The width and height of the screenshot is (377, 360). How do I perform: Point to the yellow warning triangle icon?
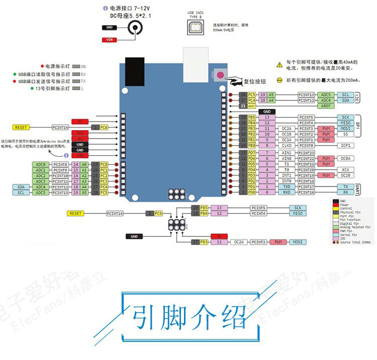[279, 64]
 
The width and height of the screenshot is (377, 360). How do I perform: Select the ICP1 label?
[345, 146]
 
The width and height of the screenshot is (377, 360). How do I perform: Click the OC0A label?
[345, 158]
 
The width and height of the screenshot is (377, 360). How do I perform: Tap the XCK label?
[345, 170]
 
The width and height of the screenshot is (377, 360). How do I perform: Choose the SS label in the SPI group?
[345, 135]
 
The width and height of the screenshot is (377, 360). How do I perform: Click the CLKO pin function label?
[287, 146]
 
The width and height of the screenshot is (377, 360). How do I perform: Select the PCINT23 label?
[306, 153]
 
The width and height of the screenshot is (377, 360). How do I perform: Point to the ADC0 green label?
[41, 164]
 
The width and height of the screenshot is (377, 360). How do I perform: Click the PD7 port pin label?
[251, 153]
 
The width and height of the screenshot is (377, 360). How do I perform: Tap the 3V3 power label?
[80, 133]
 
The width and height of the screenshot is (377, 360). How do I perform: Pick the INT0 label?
[287, 181]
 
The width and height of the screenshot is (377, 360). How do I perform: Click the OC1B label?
[287, 135]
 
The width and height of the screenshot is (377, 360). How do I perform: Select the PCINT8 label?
[60, 164]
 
